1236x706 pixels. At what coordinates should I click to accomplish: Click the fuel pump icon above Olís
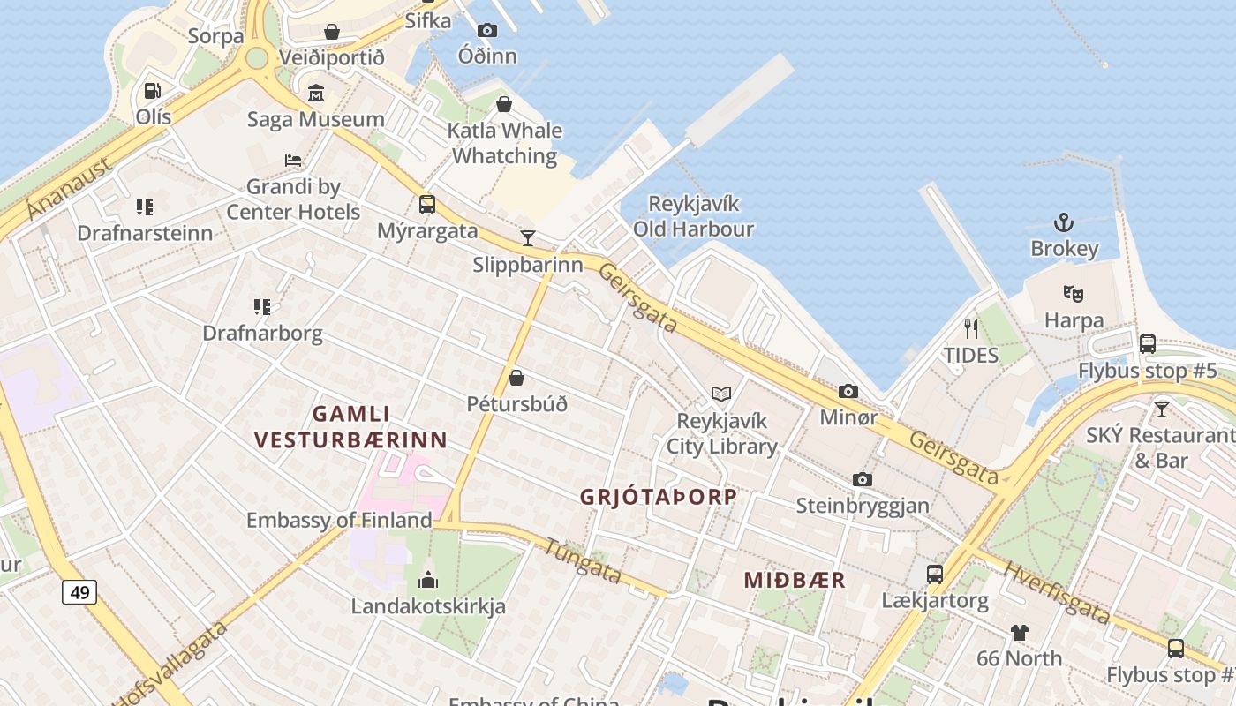click(x=152, y=90)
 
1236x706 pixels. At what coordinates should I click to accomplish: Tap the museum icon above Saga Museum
click(x=316, y=94)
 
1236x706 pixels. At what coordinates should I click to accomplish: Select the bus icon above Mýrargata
click(x=427, y=205)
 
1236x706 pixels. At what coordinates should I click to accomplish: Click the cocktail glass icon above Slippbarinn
click(x=528, y=237)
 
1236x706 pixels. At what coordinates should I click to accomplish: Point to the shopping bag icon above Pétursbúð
click(x=516, y=378)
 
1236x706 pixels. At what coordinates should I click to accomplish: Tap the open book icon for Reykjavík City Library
click(x=721, y=394)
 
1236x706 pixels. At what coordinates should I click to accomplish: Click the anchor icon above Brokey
click(x=1064, y=222)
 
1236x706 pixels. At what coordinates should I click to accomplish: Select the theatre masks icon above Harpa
click(x=1074, y=293)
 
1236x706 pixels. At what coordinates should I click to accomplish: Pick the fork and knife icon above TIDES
click(x=971, y=329)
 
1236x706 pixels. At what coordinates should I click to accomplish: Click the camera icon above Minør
click(x=848, y=391)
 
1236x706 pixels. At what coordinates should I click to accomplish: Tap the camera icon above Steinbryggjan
click(x=863, y=479)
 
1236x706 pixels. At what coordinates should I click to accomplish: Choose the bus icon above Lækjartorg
click(x=935, y=575)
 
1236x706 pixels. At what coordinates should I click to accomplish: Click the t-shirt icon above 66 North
click(x=1020, y=632)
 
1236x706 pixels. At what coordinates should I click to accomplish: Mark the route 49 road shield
click(x=79, y=592)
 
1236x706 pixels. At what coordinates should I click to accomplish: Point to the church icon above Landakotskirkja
click(x=428, y=580)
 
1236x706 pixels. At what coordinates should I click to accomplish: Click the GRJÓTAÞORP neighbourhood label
click(x=658, y=497)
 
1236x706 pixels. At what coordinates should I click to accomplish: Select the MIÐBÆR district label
click(x=795, y=580)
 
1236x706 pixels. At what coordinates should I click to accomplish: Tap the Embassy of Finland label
click(x=339, y=521)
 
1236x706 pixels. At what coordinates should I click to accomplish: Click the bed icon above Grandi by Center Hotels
click(x=293, y=161)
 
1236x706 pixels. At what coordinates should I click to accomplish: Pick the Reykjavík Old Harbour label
click(x=693, y=216)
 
